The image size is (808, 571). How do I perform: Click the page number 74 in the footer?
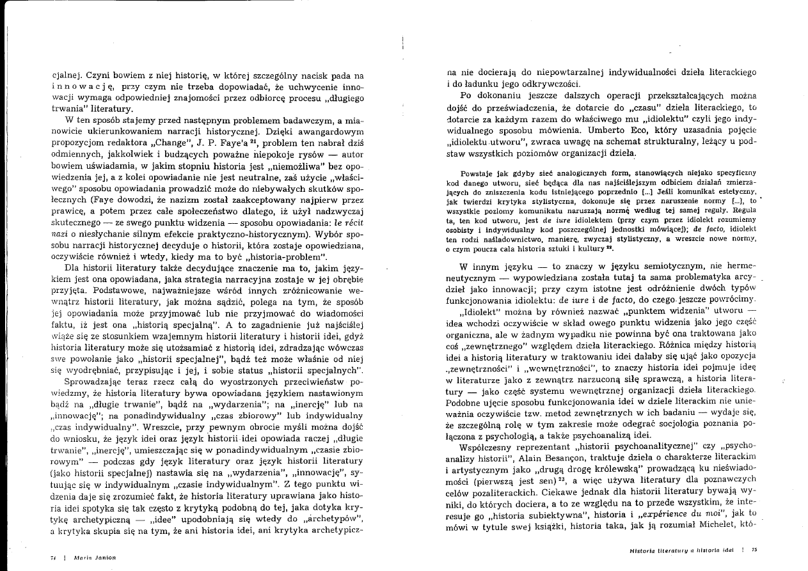(x=52, y=557)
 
